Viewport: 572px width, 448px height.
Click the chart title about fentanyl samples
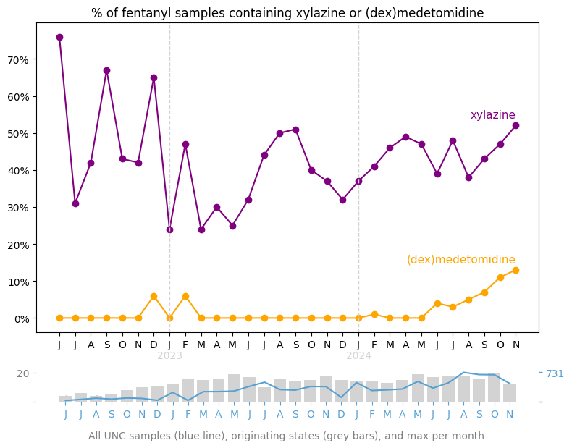287,13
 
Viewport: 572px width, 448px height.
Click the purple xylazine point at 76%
59,37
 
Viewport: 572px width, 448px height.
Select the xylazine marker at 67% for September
106,70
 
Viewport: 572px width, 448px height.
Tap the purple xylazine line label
492,115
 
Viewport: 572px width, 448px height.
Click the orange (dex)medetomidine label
460,260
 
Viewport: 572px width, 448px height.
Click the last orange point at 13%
516,270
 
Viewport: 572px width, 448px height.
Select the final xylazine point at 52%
516,125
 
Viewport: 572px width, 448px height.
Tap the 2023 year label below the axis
169,355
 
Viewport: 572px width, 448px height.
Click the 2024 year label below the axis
358,355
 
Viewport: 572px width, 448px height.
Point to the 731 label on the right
555,373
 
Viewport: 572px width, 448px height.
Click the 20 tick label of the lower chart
23,373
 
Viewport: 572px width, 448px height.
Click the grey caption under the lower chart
286,436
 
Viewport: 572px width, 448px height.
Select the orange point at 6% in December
153,296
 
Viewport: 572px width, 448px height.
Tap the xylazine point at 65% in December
153,77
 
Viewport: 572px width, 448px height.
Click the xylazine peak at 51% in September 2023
295,130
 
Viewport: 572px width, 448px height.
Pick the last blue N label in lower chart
510,414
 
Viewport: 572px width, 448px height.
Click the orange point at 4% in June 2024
437,303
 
